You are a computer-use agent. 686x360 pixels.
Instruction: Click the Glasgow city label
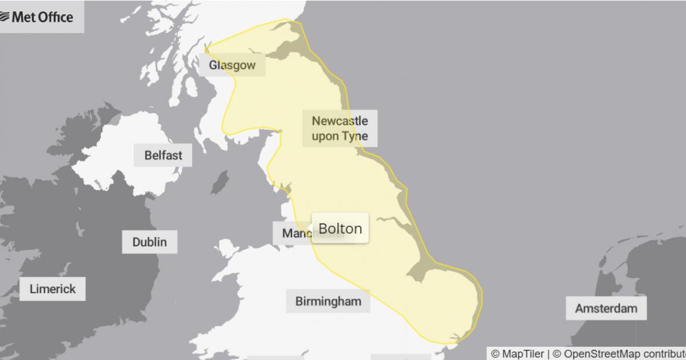pos(232,65)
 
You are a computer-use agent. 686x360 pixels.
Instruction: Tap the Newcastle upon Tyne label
pos(340,129)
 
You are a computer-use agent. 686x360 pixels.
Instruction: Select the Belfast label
pos(163,155)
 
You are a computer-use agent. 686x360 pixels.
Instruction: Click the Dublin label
pos(149,242)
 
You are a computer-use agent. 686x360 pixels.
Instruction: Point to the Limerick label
pos(52,289)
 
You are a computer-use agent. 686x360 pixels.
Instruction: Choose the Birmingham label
pos(328,301)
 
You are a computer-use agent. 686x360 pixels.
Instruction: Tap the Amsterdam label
pos(606,309)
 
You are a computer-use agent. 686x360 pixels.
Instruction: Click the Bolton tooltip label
pos(340,229)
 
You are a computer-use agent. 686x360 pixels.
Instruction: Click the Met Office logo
pos(37,17)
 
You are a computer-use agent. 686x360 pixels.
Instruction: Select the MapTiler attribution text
pos(517,354)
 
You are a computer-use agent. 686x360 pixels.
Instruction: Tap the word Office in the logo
pos(55,17)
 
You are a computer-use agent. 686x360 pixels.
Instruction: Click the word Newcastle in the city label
pos(340,121)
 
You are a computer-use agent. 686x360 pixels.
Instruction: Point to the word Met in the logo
pos(24,17)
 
